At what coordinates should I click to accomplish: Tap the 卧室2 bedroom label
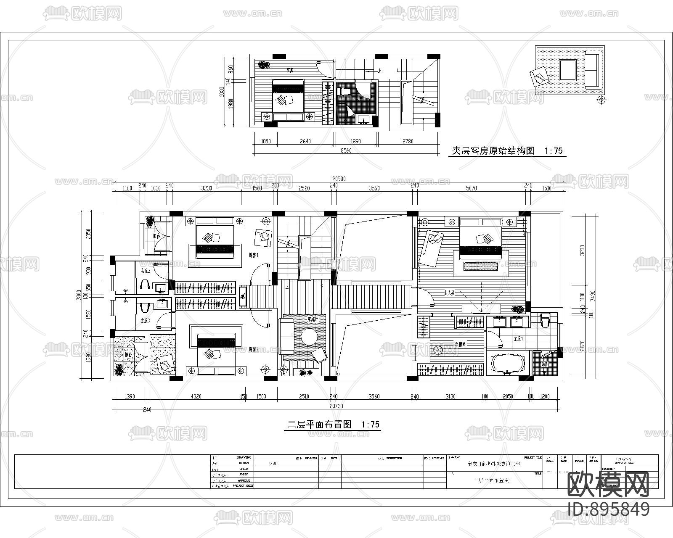(254, 349)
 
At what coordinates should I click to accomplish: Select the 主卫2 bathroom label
(145, 271)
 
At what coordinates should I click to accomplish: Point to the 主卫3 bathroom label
(145, 320)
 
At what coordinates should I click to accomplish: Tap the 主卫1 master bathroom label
(518, 338)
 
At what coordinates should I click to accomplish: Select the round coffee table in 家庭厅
(310, 337)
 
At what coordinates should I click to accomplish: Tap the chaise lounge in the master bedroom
(431, 247)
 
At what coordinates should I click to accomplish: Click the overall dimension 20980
(339, 179)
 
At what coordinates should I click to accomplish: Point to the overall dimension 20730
(336, 406)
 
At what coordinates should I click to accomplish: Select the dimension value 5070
(472, 188)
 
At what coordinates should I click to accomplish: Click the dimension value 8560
(345, 150)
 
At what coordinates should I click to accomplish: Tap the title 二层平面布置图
(319, 425)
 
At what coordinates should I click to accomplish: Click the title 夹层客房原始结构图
(493, 151)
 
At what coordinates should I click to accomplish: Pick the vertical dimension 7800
(79, 296)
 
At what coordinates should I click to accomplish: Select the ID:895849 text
(608, 509)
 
